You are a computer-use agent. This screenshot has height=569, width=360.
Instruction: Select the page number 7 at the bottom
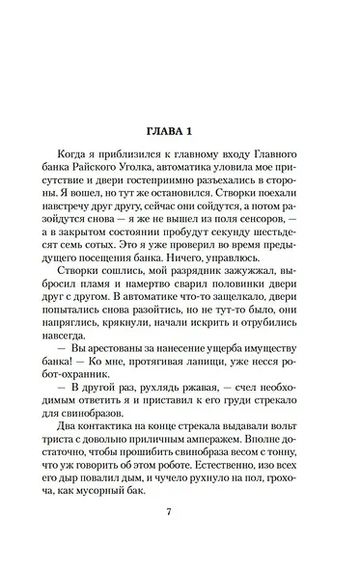(180, 536)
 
